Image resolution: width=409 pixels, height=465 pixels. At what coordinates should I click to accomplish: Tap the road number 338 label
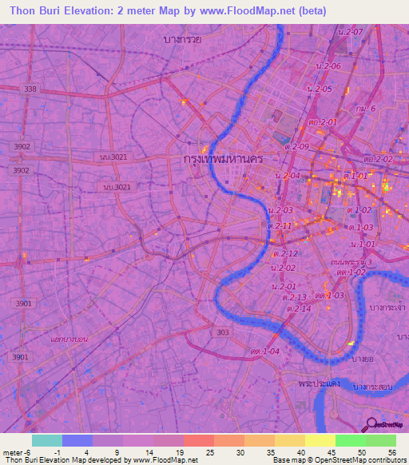(x=30, y=89)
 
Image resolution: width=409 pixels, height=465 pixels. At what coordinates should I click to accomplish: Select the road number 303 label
(x=223, y=331)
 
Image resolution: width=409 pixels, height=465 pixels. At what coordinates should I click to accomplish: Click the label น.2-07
(x=351, y=31)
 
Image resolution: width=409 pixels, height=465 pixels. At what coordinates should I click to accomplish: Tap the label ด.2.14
(x=297, y=308)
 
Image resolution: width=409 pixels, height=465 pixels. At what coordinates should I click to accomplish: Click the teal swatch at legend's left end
(x=46, y=440)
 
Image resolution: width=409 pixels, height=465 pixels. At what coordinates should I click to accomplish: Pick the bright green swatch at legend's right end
(x=380, y=440)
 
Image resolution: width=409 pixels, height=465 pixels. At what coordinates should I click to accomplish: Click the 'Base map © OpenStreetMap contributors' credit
(x=337, y=460)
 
